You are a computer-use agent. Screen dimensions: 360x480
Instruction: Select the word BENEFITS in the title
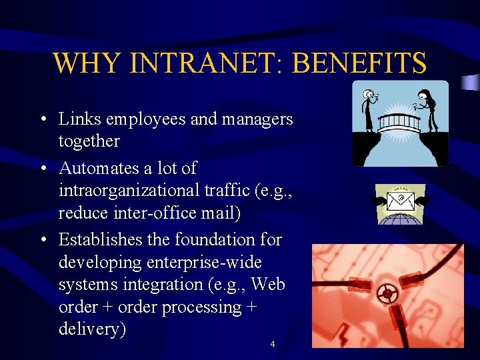359,63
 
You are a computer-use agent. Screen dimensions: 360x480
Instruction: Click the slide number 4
272,344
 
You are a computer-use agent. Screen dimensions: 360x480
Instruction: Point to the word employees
142,119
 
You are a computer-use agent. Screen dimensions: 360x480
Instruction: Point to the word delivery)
92,329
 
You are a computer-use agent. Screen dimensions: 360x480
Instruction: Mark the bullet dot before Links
42,121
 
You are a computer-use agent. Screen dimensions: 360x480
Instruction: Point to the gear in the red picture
387,293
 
